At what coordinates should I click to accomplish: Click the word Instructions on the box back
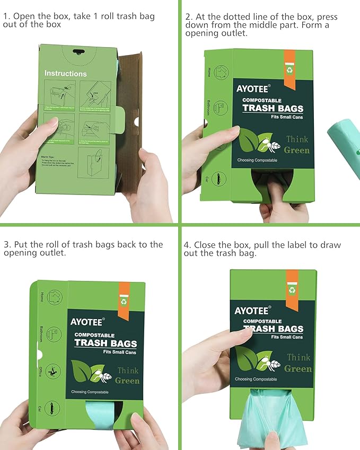click(65, 74)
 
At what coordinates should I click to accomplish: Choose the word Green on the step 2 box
click(296, 150)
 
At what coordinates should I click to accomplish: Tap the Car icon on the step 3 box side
click(52, 408)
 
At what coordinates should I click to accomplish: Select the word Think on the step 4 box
click(298, 357)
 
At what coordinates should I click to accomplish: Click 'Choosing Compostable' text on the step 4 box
click(256, 379)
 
